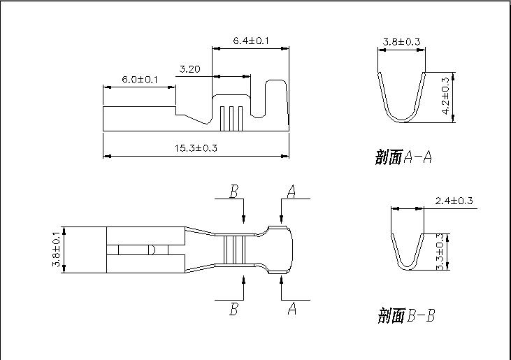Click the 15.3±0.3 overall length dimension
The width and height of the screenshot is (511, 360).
coord(196,148)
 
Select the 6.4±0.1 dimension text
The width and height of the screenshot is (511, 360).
coord(251,41)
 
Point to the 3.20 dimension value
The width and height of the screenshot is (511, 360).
coord(189,69)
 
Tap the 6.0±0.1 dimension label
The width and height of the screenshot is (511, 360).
coord(140,80)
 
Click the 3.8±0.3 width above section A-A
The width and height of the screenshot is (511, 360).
coord(401,42)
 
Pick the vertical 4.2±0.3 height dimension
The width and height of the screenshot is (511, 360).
coord(445,96)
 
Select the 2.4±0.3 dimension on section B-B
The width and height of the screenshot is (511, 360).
coord(454,201)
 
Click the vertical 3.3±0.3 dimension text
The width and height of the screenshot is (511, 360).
coord(440,252)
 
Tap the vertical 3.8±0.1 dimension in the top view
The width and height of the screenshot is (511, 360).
coord(56,250)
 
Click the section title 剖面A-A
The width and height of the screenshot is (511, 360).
coord(403,157)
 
